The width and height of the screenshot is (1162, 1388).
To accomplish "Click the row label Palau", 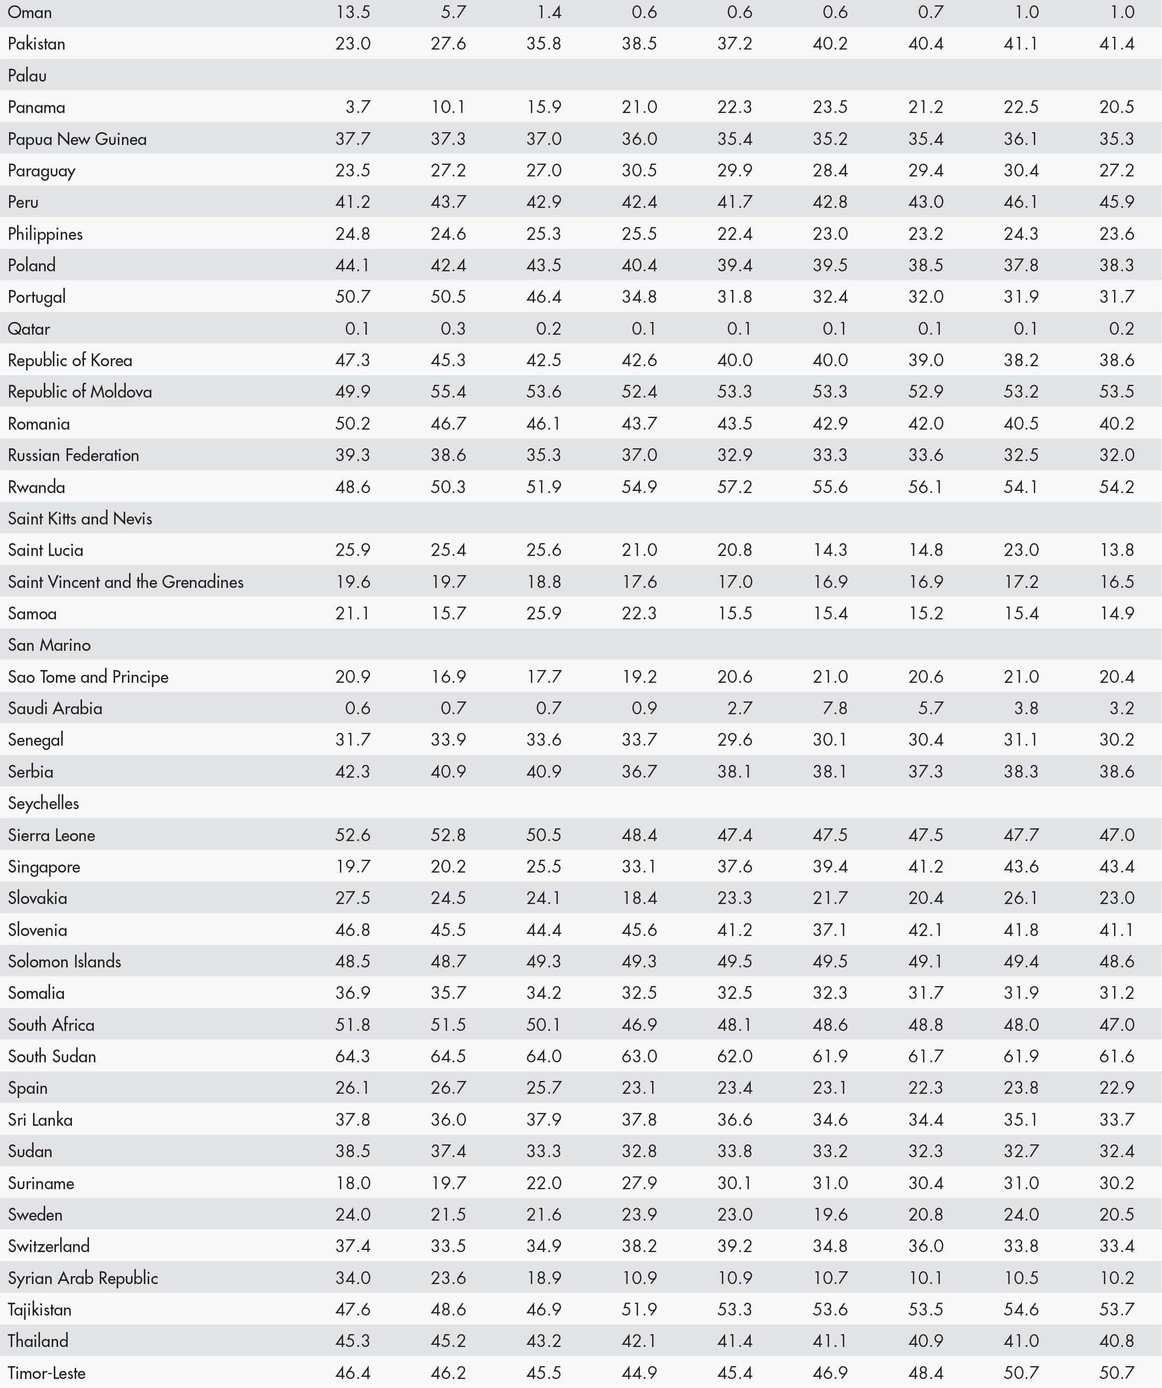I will tap(27, 75).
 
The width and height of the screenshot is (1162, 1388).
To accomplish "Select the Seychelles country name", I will tap(44, 803).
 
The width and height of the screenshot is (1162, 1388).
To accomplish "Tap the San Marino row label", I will tap(50, 645).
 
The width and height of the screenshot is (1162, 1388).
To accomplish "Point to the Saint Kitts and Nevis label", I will tap(80, 518).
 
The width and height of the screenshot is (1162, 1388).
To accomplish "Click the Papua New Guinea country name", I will tap(77, 139).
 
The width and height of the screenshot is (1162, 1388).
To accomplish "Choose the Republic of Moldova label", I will tap(80, 392).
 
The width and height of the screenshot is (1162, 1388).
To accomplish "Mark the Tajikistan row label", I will tap(39, 1309).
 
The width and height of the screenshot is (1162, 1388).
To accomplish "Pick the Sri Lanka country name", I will tap(40, 1120).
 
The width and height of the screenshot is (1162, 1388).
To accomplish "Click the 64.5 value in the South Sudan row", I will tap(448, 1056).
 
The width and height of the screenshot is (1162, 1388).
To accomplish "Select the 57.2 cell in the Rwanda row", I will tap(735, 487).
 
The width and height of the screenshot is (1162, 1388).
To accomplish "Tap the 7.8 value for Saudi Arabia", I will tap(835, 708).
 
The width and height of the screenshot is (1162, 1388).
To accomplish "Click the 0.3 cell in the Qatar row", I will tap(453, 328).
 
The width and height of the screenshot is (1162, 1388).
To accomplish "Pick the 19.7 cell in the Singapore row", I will tap(353, 867).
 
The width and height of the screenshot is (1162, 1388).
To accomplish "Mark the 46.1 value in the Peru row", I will tap(1021, 201).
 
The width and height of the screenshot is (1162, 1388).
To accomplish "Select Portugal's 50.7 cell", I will tap(353, 297).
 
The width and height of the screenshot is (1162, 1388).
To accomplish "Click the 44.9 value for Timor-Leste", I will tap(639, 1373).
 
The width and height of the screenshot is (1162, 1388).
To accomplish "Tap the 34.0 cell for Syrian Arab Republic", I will tap(353, 1278).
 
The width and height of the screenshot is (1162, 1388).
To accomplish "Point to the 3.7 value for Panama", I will tap(357, 107).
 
